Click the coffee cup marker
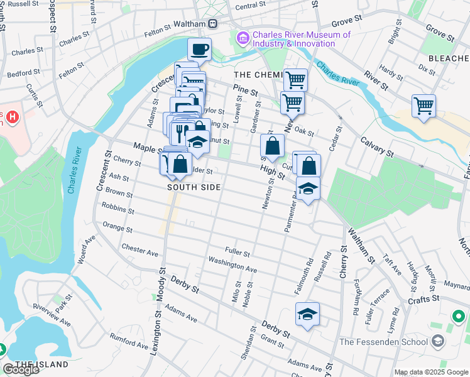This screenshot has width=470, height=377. point(199,49)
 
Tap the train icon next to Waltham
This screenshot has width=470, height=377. point(213,24)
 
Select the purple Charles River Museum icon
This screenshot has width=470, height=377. point(243,39)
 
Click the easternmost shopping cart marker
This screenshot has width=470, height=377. point(424,105)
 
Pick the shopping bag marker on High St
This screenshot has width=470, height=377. point(272,146)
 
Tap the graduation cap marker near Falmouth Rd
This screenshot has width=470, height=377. point(307,314)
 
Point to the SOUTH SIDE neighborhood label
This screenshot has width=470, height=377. point(194,187)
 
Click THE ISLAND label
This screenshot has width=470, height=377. point(42,364)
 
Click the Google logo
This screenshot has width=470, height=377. point(21,369)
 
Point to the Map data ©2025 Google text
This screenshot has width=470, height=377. point(430,372)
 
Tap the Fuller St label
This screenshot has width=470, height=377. point(238,253)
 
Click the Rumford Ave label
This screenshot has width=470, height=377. point(129,343)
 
